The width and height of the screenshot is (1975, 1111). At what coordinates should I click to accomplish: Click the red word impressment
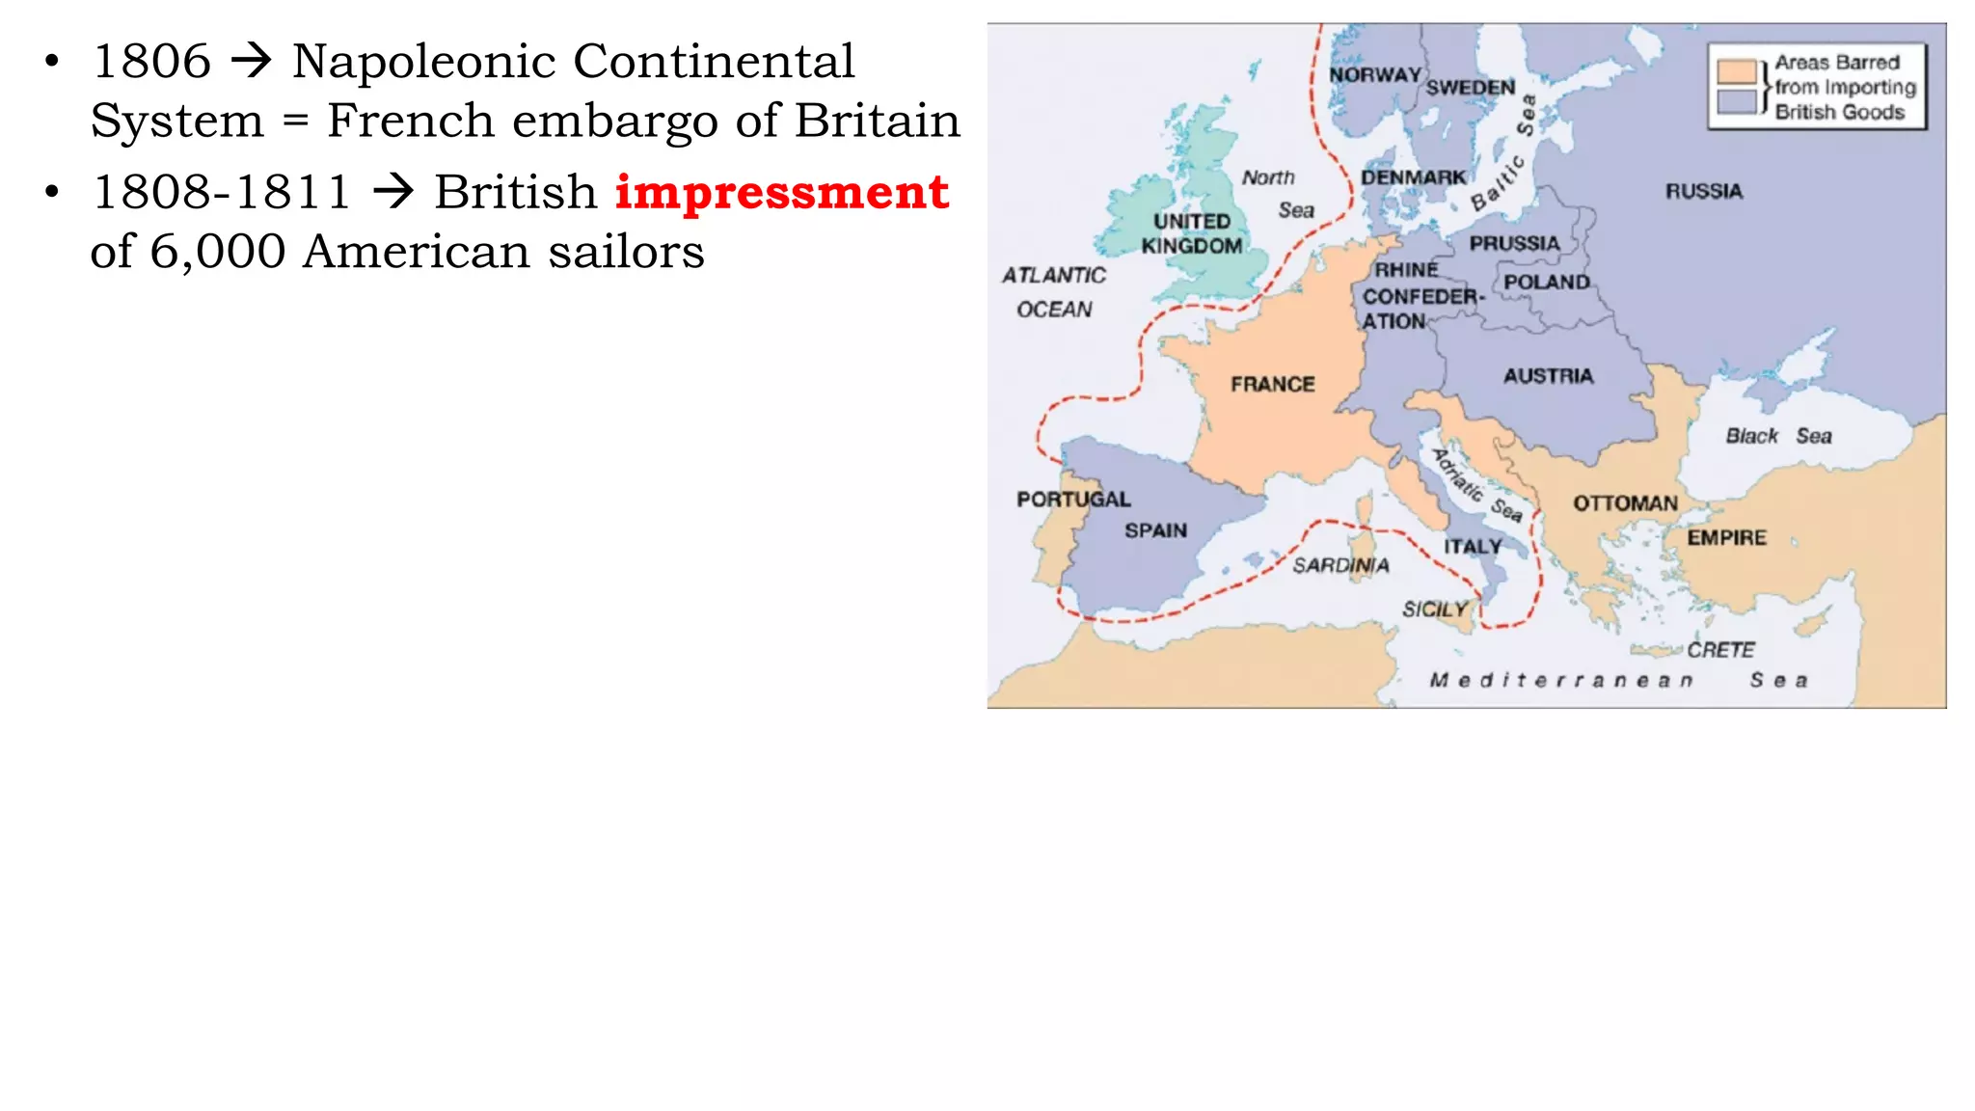tap(782, 192)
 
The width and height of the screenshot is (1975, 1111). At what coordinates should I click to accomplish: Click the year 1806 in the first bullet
tap(151, 62)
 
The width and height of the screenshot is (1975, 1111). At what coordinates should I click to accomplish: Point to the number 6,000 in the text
tap(217, 252)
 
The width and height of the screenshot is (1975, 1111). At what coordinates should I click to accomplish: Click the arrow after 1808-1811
tap(393, 192)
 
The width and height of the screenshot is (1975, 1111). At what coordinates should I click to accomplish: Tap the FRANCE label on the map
tap(1272, 384)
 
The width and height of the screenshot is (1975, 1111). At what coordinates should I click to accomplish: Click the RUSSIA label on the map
tap(1703, 191)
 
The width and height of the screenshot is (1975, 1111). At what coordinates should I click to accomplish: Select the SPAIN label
tap(1155, 530)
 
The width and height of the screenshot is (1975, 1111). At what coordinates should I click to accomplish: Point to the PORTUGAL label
tap(1073, 499)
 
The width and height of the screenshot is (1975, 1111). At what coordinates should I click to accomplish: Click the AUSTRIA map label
tap(1548, 376)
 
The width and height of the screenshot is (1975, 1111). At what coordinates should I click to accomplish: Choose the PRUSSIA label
tap(1514, 244)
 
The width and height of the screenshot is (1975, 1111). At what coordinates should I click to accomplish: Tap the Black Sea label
tap(1778, 436)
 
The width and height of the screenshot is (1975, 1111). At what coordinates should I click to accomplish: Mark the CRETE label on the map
tap(1720, 650)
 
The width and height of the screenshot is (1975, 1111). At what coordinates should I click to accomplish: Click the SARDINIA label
tap(1340, 565)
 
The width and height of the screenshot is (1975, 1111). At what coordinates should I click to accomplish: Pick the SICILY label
tap(1434, 610)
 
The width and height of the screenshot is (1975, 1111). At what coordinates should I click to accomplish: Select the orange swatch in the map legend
tap(1736, 72)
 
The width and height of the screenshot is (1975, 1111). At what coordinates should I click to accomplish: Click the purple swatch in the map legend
tap(1736, 102)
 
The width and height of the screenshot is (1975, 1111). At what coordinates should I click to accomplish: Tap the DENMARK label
tap(1413, 177)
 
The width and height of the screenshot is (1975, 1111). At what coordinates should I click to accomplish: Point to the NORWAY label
tap(1374, 75)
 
